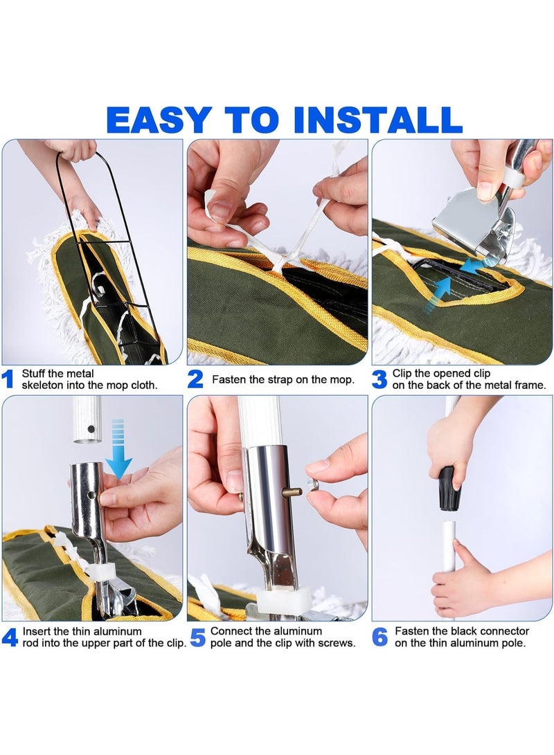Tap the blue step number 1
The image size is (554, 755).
pyautogui.click(x=8, y=379)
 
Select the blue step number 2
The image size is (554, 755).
pyautogui.click(x=195, y=379)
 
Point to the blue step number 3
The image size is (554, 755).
pyautogui.click(x=379, y=379)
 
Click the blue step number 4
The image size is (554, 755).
pyautogui.click(x=10, y=637)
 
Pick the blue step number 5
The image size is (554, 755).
pyautogui.click(x=198, y=637)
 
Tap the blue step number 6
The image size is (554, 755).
pyautogui.click(x=380, y=637)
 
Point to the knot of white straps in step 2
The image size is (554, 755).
pyautogui.click(x=280, y=264)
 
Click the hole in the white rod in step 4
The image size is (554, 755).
pyautogui.click(x=91, y=428)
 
